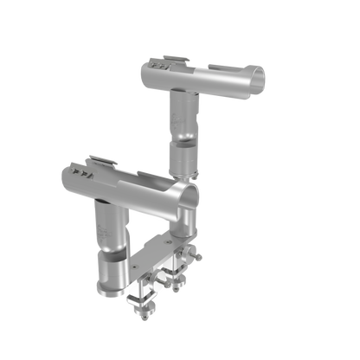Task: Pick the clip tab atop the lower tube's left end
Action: tap(103, 159)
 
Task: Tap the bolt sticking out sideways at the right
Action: tap(198, 257)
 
